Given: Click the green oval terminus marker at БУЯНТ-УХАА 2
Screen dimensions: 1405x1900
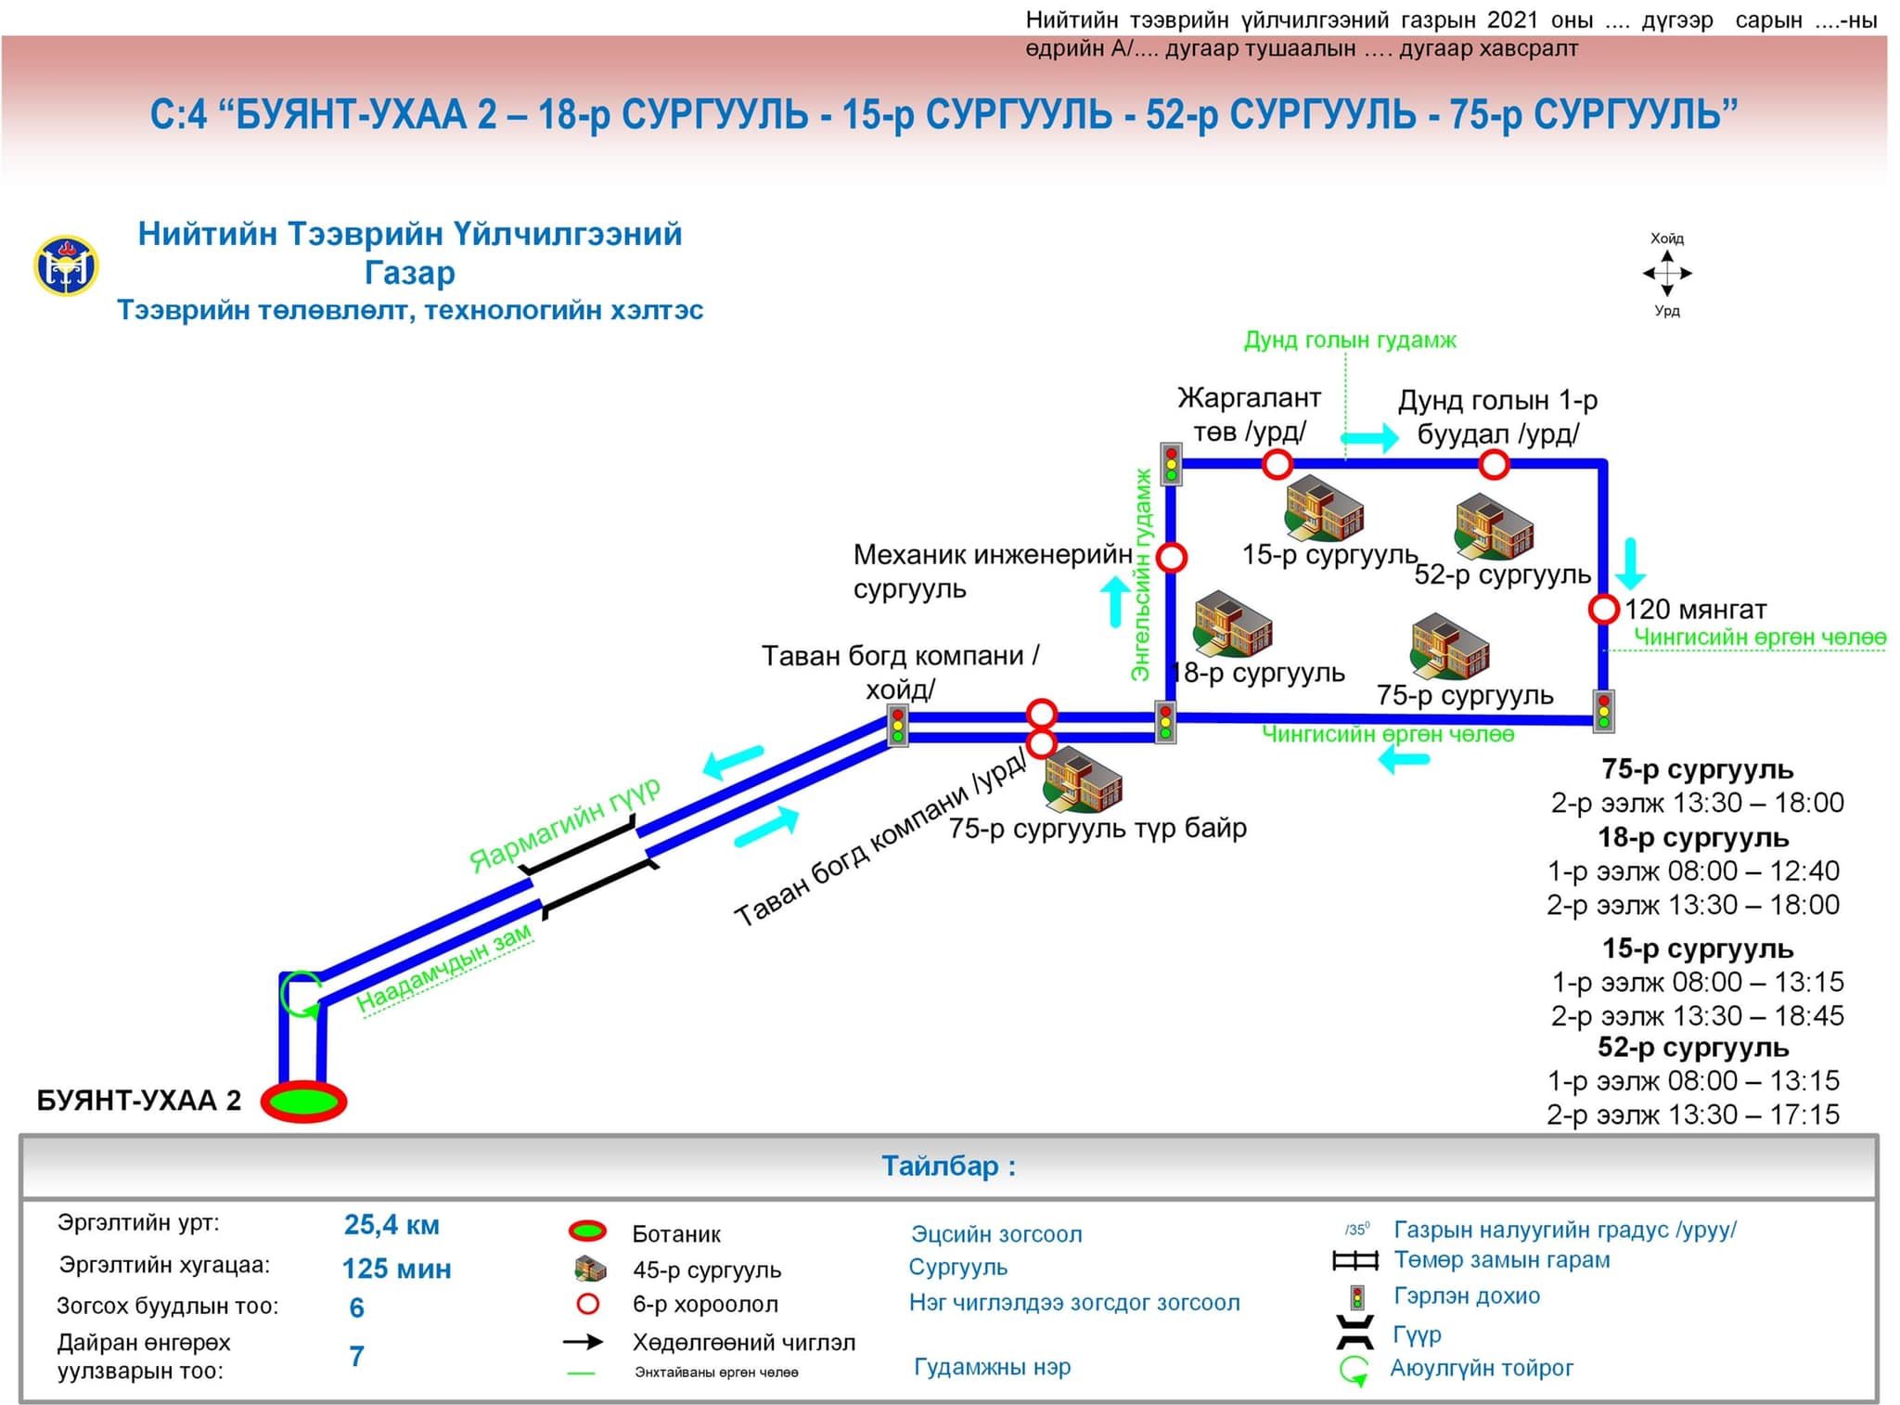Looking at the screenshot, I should coord(303,1101).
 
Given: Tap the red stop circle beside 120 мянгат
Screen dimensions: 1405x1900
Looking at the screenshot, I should coord(1603,610).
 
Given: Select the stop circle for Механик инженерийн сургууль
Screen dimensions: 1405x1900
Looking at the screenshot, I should coord(1172,558).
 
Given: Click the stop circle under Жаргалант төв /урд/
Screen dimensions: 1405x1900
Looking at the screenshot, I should coord(1277,464).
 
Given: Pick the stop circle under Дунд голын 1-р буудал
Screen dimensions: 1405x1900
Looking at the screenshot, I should coord(1494,464).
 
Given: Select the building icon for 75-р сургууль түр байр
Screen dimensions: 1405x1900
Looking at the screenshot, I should coord(1083,778).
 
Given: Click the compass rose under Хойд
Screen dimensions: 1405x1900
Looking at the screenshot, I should coord(1667,274).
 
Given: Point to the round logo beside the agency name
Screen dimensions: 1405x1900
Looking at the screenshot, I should coord(66,266).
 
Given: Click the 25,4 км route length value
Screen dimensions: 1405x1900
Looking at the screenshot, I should coord(392,1225).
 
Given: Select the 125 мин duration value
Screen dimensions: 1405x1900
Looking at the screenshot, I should coord(396,1269).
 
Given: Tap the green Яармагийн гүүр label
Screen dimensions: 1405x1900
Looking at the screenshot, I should coord(564,824).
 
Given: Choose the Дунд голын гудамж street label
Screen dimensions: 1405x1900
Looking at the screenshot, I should coord(1349,341).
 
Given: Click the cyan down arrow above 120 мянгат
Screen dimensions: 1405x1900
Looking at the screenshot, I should coord(1630,563).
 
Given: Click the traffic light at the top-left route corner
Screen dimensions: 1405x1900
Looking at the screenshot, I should coord(1171,463).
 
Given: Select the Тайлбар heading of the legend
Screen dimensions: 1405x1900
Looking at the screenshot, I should coord(948,1166).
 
